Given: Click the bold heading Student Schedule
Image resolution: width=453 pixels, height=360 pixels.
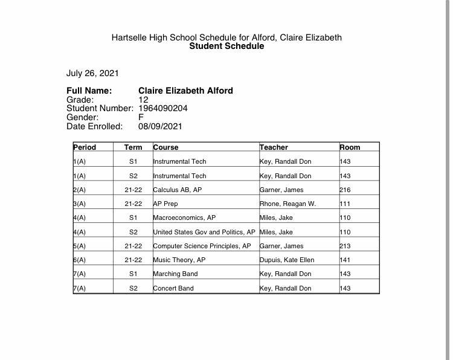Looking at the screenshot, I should [x=226, y=46].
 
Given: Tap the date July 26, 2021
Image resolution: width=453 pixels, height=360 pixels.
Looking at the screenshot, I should [x=92, y=73].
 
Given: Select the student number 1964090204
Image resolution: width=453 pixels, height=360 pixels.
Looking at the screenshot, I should [x=163, y=108].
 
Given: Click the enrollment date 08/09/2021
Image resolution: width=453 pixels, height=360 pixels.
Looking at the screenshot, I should [x=160, y=126].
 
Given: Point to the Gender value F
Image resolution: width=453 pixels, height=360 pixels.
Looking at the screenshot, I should [x=141, y=117].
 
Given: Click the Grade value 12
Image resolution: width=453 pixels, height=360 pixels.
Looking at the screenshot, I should [x=143, y=99].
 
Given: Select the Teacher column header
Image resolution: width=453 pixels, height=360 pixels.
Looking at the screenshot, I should [x=274, y=147].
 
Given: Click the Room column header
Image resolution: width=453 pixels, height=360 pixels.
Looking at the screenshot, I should [x=350, y=147].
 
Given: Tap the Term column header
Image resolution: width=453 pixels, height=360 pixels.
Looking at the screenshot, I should [x=133, y=147].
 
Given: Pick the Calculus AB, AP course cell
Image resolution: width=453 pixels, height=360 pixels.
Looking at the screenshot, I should [x=177, y=190].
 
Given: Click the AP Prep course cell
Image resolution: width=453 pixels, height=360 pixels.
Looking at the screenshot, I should [x=165, y=204].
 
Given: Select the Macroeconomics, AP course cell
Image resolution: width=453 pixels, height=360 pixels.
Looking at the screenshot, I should [x=184, y=217].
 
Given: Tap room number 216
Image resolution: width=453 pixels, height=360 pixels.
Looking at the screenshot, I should [x=345, y=190].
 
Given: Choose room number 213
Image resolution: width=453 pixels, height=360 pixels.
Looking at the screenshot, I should [x=345, y=246].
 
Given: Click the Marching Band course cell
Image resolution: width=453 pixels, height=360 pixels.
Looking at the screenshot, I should [x=175, y=274].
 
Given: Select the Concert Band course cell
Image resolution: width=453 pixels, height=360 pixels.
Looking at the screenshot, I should [x=173, y=288].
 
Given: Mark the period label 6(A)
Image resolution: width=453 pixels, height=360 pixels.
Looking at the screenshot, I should [x=79, y=260].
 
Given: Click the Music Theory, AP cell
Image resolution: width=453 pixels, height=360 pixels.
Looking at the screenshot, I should [x=179, y=260].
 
